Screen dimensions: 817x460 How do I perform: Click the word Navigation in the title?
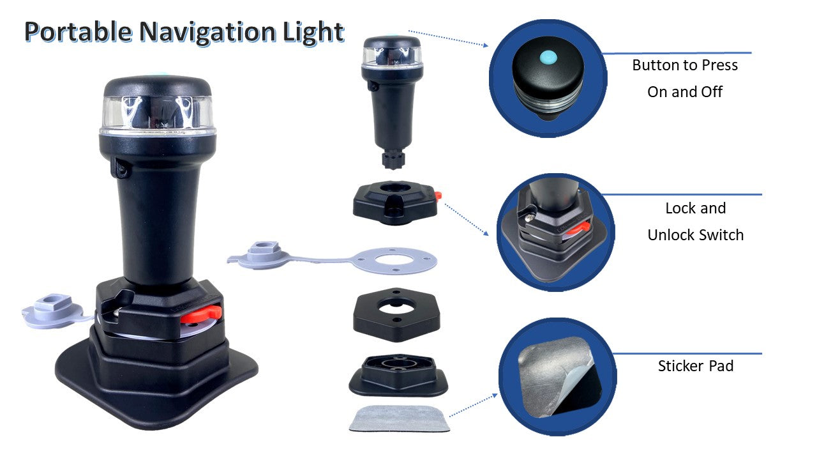[207, 33]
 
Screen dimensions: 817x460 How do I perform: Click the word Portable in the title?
[78, 32]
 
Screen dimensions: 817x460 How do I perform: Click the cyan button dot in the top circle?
[548, 57]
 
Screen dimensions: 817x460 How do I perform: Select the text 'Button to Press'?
[685, 65]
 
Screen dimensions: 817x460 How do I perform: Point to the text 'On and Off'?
[685, 92]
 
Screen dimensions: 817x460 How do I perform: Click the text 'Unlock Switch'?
[696, 235]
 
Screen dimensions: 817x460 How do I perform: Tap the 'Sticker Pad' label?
[696, 366]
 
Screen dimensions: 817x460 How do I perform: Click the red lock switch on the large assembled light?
[201, 314]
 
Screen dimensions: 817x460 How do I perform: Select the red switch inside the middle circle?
[581, 228]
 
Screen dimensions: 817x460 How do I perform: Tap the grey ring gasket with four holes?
[395, 261]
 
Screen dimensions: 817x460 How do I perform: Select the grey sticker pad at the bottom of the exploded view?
[400, 418]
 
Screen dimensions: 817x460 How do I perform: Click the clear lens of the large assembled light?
[157, 114]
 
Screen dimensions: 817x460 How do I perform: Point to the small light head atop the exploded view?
[392, 102]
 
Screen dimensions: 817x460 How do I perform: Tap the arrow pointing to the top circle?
[448, 38]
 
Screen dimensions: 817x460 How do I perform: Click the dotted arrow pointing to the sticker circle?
[474, 405]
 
